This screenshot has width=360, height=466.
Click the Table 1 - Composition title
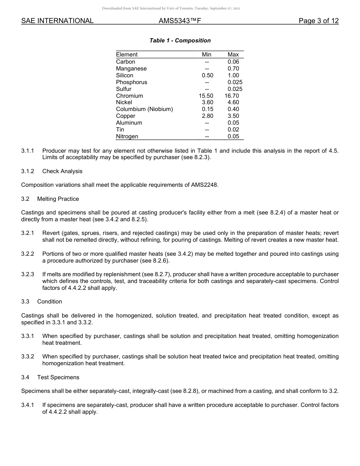pos(180,41)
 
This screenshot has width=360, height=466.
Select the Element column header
pos(127,55)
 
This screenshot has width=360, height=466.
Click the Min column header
pos(207,55)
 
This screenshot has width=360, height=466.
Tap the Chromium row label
pos(129,96)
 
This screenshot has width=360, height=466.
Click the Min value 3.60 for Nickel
pos(207,102)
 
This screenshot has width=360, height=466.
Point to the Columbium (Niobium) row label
pos(144,109)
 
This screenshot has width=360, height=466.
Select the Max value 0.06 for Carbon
pos(233,62)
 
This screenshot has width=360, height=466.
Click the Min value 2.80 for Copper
pos(207,116)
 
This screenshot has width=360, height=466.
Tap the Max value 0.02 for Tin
pos(233,130)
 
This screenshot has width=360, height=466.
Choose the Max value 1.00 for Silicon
pos(233,75)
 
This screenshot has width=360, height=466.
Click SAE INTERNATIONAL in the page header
pos(57,21)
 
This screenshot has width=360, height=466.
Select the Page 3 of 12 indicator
pos(318,21)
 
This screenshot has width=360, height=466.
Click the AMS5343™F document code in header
pos(180,21)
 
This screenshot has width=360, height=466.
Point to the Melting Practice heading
pos(58,199)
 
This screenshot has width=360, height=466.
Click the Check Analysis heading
pos(62,171)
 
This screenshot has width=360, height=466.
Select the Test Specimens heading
pos(58,377)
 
